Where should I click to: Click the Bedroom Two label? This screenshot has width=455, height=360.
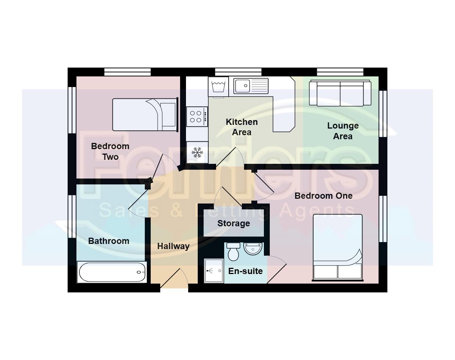coord(110,151)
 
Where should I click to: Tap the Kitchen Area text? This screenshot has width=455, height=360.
coord(241,127)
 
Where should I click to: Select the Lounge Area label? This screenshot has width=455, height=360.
coord(343,131)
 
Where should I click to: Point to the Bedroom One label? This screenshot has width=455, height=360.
coord(323,196)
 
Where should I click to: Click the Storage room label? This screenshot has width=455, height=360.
coord(233,223)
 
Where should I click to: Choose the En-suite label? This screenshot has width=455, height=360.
coord(246,271)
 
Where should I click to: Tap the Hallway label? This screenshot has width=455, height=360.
coord(173,246)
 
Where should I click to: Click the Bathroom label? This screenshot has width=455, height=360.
coord(109,241)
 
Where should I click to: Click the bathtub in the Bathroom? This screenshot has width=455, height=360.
coord(112,272)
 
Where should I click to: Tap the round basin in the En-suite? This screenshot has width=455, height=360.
coord(252,249)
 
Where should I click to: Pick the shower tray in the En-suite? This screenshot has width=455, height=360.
coord(214,271)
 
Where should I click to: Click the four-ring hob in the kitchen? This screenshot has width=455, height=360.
coord(197,116)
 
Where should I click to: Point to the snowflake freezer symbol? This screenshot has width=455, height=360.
coord(197,152)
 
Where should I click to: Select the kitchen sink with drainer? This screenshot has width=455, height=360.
coord(251,86)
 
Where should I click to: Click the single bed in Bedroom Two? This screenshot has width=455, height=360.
coord(145,115)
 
